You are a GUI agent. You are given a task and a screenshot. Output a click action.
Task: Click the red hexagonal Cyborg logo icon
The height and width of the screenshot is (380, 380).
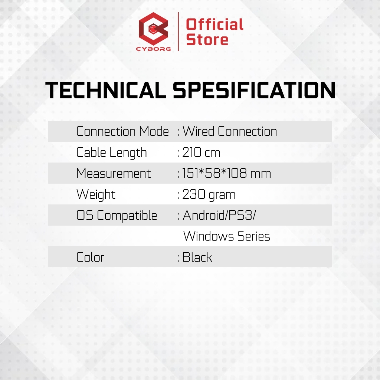coord(153,29)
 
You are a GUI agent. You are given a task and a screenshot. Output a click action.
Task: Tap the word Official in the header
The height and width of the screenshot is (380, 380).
coord(214,24)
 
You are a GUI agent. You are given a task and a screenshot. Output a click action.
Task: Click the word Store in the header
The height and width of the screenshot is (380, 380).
coord(207,39)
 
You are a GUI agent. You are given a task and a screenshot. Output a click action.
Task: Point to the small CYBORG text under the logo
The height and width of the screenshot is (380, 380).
coord(153,49)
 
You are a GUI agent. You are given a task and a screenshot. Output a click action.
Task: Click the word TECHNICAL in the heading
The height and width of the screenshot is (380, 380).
coord(106,91)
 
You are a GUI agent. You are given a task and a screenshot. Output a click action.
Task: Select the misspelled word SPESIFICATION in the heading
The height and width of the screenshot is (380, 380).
coord(254,91)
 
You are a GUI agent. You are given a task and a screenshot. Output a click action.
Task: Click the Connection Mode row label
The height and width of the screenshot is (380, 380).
coord(122,131)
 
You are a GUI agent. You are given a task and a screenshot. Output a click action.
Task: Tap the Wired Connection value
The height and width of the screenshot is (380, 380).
coord(230,131)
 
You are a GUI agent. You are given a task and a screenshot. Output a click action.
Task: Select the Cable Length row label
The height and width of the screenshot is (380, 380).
coord(111,153)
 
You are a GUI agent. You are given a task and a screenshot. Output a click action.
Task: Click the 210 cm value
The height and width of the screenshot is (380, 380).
coord(201,153)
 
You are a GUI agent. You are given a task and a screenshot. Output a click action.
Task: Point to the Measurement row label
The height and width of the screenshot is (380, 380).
coord(114,173)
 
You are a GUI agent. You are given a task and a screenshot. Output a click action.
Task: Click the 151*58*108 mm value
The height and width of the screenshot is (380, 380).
coord(226,173)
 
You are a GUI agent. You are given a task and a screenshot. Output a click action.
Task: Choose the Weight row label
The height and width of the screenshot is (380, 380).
coord(96,194)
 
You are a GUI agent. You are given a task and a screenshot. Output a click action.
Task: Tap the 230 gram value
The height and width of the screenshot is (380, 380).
coord(209,194)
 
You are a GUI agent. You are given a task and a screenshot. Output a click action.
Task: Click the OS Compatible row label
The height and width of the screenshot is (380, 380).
coord(117,216)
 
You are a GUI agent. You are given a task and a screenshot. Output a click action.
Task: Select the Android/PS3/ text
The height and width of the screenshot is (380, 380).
coord(219,215)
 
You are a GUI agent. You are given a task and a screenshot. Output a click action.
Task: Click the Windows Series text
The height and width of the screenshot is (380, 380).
coord(227,236)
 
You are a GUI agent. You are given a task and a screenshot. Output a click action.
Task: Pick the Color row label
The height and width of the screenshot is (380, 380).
coord(90,257)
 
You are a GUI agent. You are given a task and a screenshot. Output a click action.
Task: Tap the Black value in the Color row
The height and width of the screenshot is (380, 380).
coord(197,257)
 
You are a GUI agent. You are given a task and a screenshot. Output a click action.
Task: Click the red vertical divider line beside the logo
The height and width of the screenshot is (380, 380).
coord(178,32)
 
